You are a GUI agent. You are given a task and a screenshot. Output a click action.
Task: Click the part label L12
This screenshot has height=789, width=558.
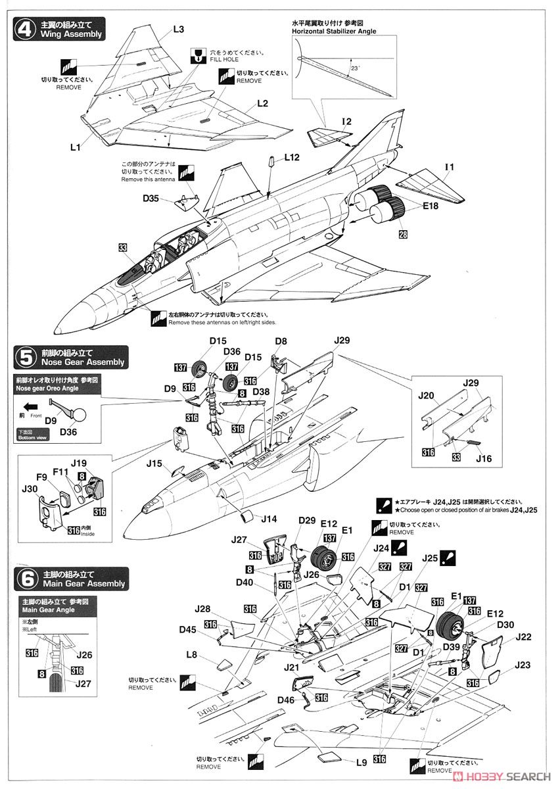(292, 157)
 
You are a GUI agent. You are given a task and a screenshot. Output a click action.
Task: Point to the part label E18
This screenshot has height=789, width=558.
(411, 206)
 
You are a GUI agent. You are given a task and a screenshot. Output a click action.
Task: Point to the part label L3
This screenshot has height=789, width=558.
(179, 29)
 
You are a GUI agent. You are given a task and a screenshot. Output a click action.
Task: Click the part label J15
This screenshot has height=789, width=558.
(154, 463)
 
